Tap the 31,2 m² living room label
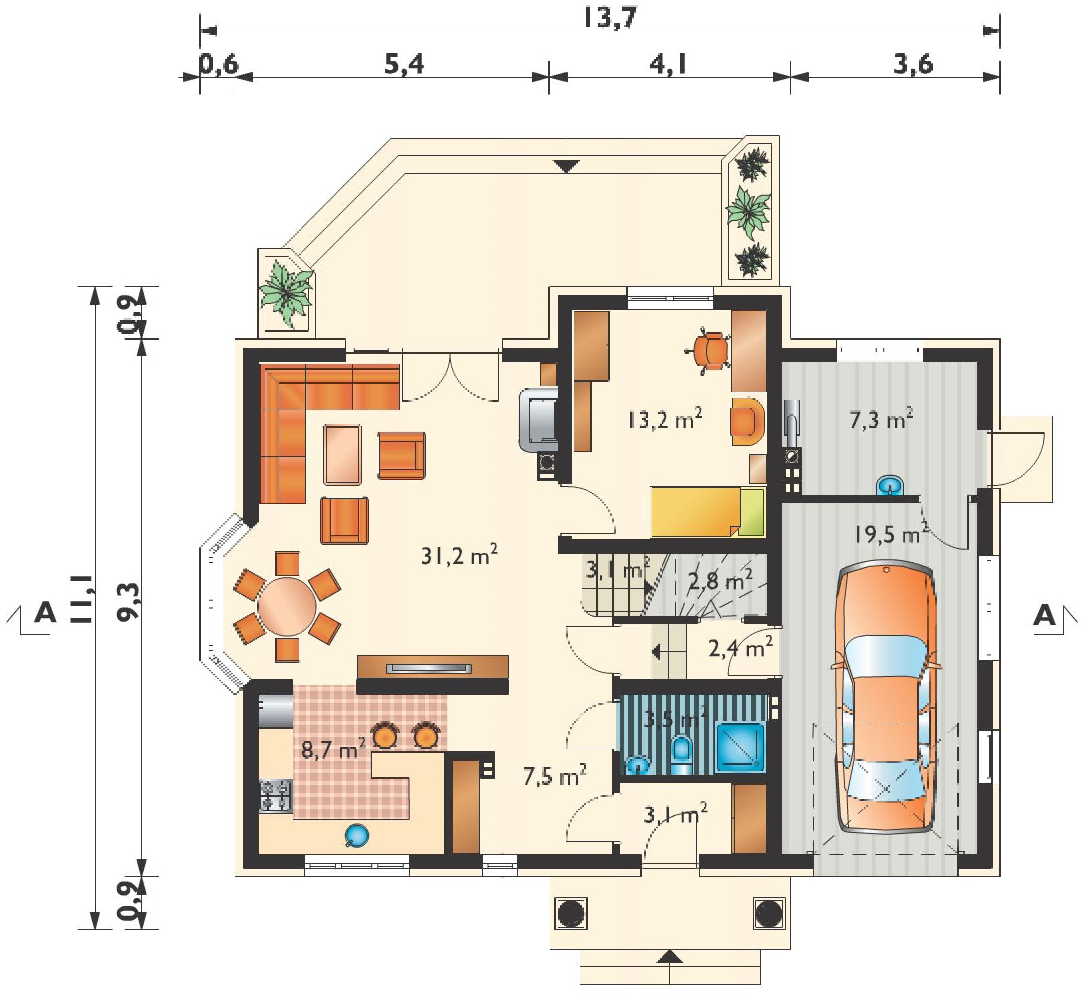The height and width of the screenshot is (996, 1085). point(459,555)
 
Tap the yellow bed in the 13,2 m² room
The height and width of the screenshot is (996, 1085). point(707,511)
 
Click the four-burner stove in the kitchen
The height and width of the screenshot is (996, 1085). point(275,795)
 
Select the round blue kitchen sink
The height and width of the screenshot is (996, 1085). point(356,836)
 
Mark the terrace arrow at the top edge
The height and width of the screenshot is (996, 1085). point(566,166)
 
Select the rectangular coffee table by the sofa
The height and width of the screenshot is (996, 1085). point(343,455)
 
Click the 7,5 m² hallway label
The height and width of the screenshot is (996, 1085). point(554,775)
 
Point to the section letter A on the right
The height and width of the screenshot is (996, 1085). point(1046,616)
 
